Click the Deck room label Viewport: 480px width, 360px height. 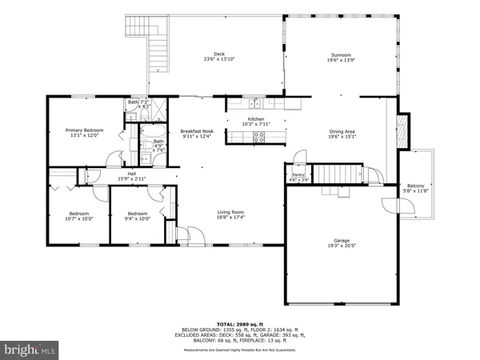tap(208, 54)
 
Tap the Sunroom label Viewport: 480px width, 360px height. tap(342, 54)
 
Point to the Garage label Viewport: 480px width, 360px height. tap(342, 240)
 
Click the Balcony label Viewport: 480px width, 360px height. tap(414, 186)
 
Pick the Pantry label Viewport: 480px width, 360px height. tap(298, 174)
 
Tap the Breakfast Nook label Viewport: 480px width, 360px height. tap(196, 130)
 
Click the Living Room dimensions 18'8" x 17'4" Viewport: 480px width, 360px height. tap(230, 217)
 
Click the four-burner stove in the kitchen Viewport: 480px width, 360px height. tap(258, 136)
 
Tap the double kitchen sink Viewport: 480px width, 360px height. tap(255, 102)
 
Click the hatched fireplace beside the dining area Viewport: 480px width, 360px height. tap(403, 131)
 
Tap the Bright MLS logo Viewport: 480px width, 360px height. tap(31, 349)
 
